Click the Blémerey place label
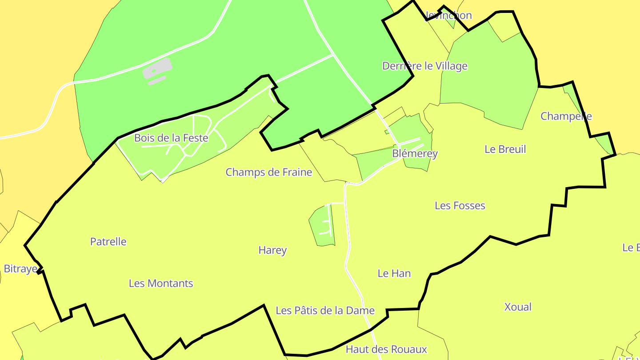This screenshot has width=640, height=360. [x=415, y=154]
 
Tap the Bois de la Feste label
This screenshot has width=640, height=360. [x=171, y=138]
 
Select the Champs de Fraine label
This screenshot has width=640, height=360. [x=269, y=172]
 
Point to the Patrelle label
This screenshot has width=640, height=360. [x=108, y=242]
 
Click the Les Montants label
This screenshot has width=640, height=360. [x=161, y=284]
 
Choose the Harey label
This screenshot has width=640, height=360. [x=272, y=250]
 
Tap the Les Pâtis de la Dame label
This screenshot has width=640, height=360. [x=325, y=311]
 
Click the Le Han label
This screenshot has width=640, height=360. [x=394, y=273]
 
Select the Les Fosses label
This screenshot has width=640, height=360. [x=460, y=206]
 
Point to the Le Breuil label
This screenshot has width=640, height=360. [x=505, y=149]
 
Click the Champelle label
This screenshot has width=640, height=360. [x=566, y=116]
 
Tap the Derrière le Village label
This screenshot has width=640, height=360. [x=425, y=66]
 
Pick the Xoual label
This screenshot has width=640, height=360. [x=518, y=307]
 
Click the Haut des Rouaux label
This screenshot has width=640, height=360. [x=386, y=349]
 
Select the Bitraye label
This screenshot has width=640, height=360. [x=20, y=269]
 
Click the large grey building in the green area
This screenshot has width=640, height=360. [x=157, y=68]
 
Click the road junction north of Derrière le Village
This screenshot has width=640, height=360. [x=334, y=55]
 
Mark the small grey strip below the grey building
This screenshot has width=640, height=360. [x=157, y=80]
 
